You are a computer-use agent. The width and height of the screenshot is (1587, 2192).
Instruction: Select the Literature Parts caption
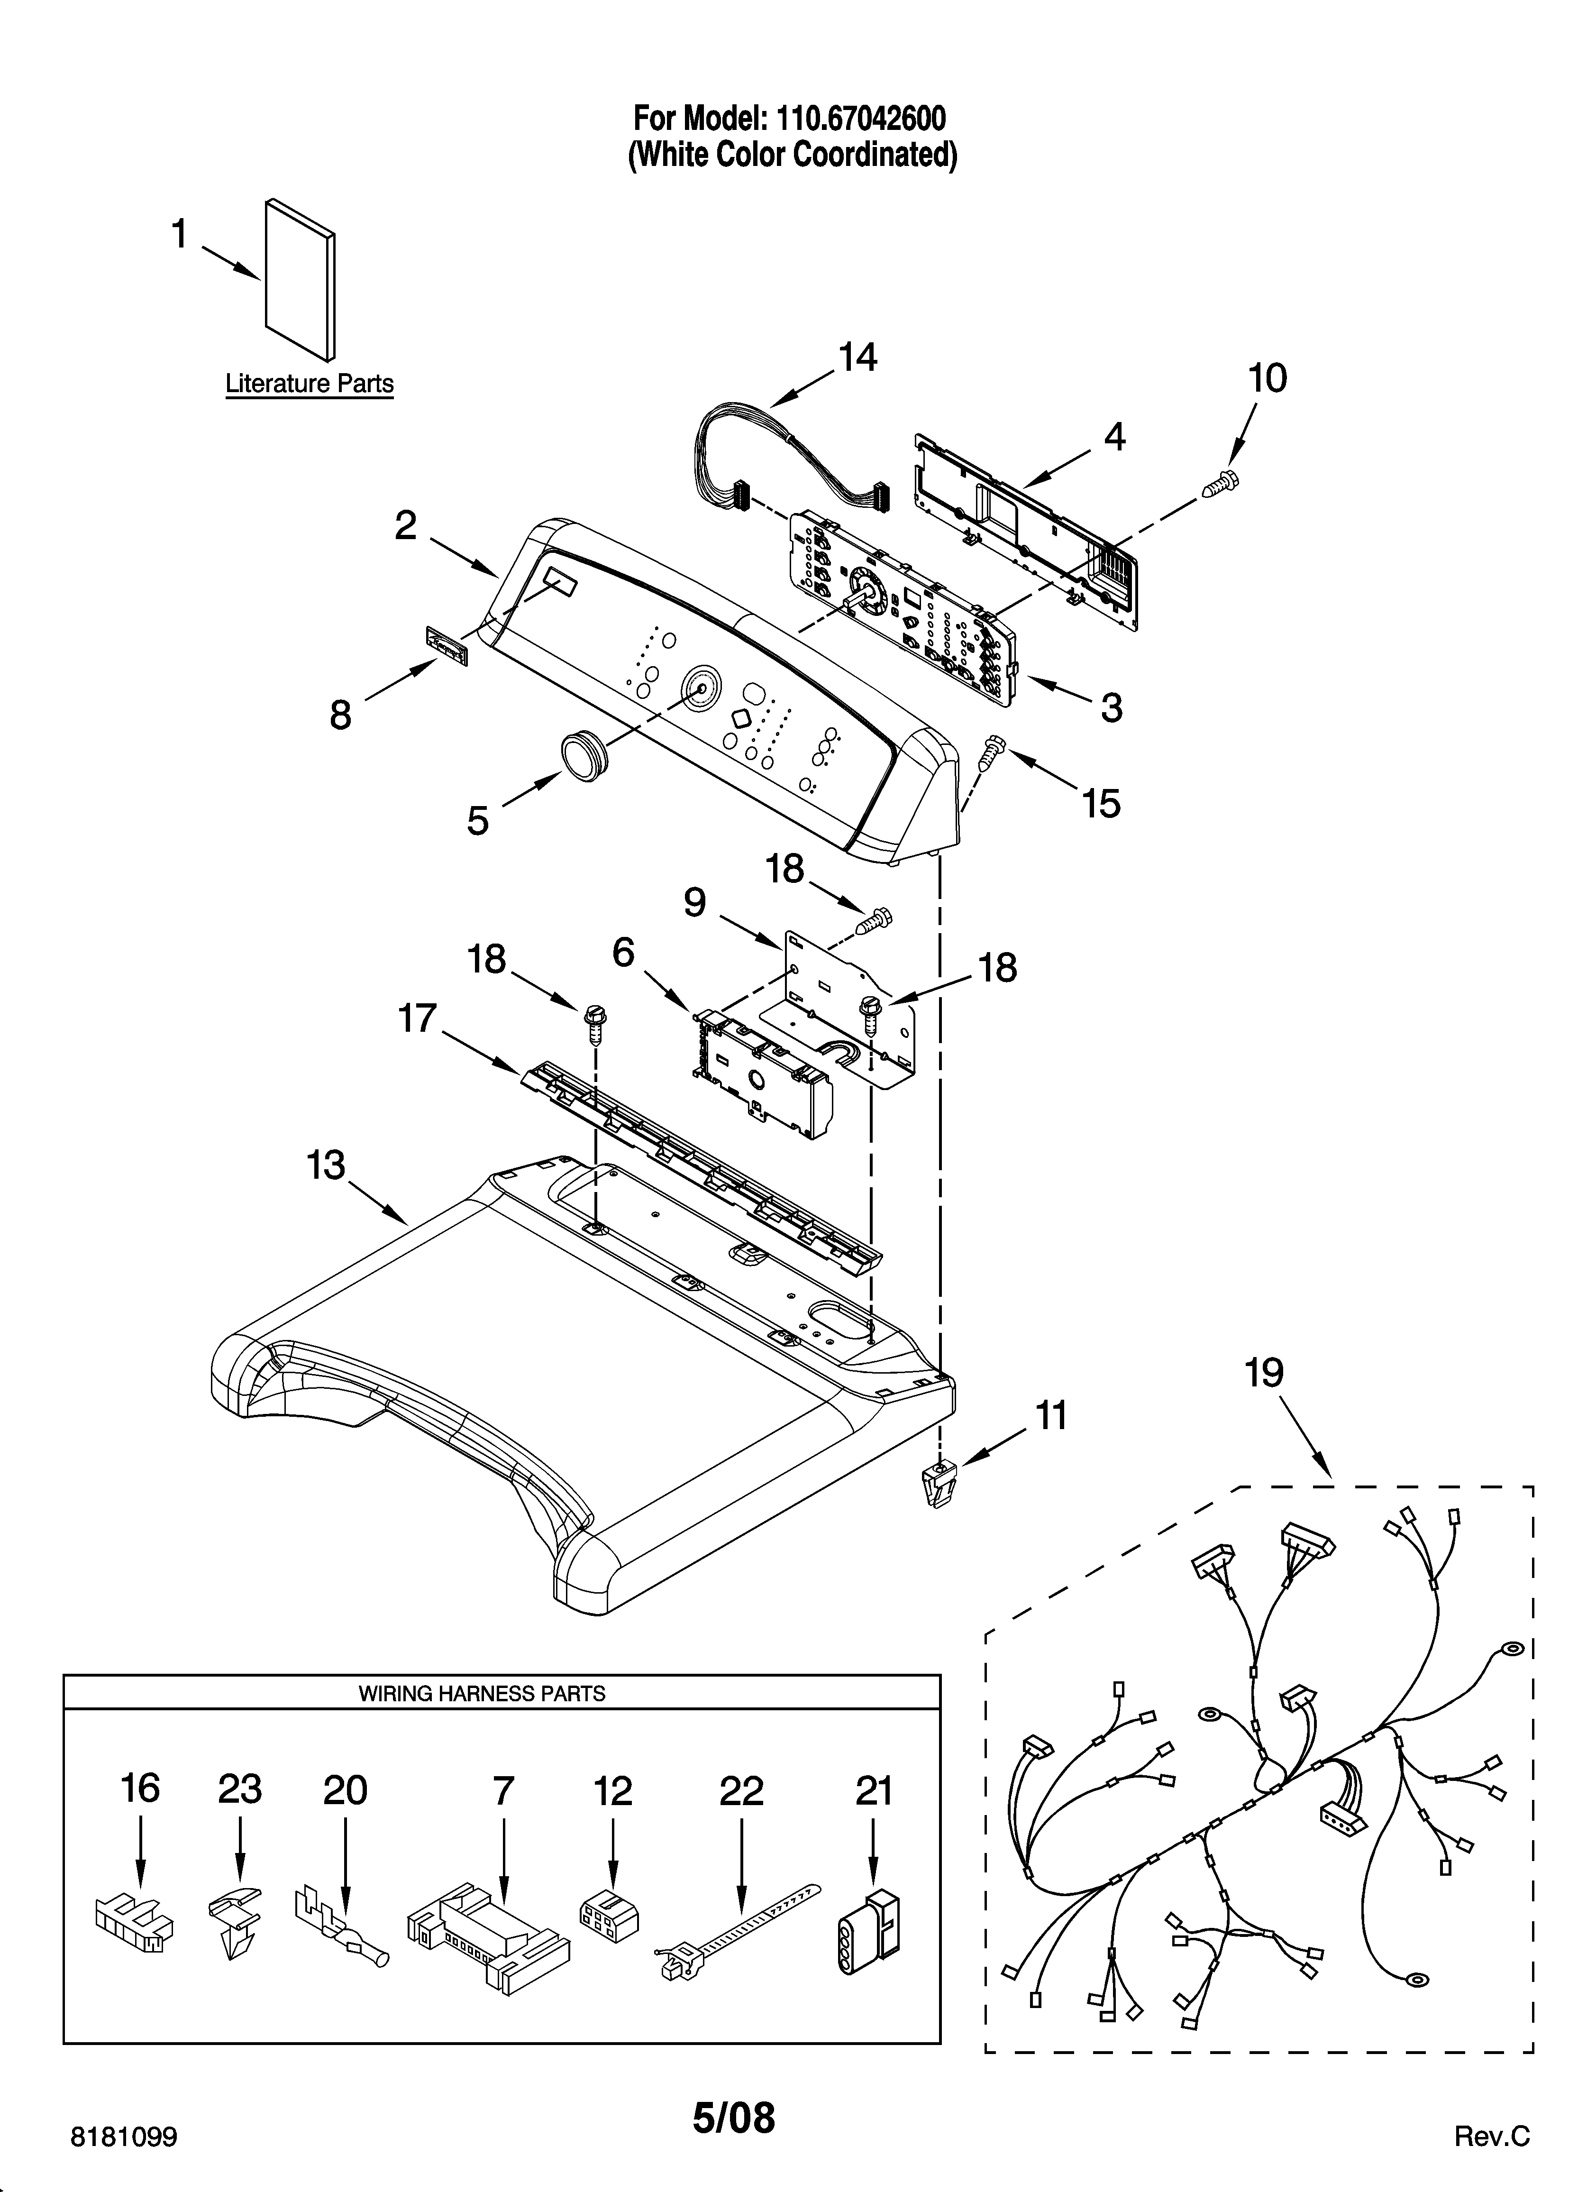[x=309, y=384]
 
